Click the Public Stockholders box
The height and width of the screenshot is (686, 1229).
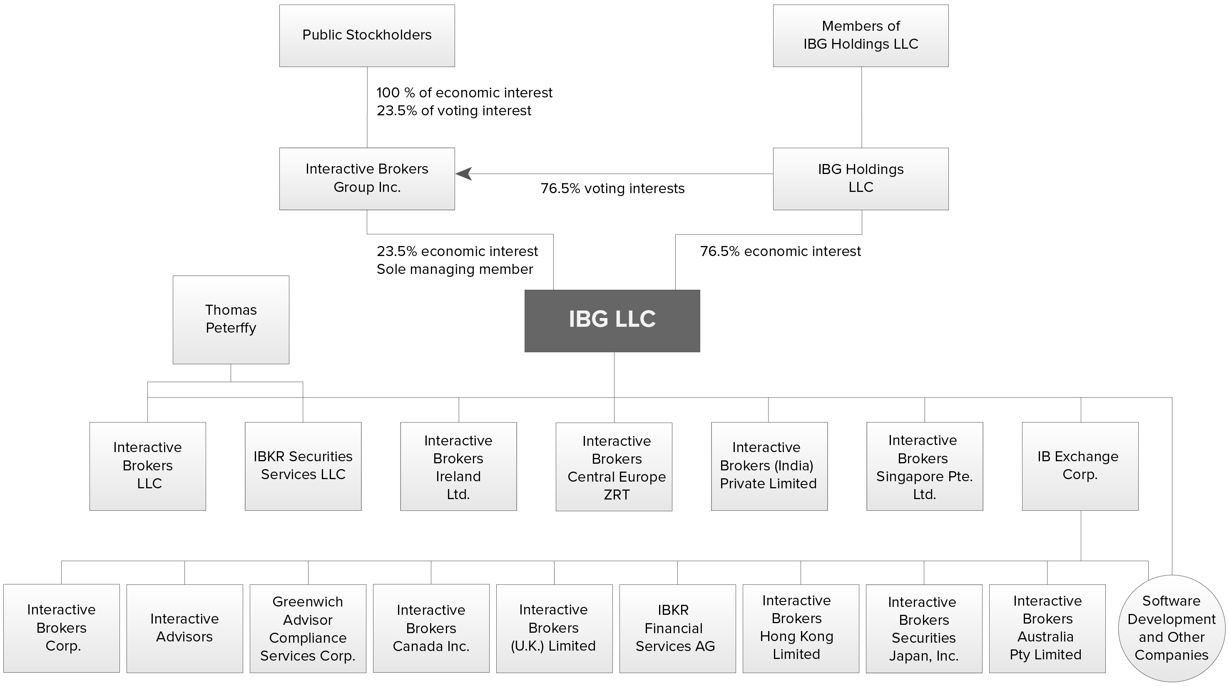click(367, 36)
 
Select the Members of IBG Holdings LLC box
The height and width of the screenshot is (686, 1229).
click(861, 36)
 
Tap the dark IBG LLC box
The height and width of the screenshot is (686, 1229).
click(612, 321)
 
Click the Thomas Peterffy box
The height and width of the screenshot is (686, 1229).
click(231, 320)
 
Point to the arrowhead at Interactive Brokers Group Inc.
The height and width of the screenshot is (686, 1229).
click(464, 174)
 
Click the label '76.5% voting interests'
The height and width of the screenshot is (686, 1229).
click(612, 189)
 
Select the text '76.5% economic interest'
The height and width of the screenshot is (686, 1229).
click(781, 251)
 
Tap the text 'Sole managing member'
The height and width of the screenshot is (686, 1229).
click(455, 270)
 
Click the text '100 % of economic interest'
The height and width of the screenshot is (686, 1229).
click(464, 92)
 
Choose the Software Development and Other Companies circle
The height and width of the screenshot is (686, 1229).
click(1172, 628)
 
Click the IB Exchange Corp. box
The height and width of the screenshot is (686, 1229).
click(1080, 466)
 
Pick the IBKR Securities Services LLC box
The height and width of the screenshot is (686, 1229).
click(303, 466)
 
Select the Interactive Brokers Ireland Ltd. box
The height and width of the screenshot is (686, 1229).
click(458, 467)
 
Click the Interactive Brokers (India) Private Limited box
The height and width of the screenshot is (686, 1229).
click(769, 466)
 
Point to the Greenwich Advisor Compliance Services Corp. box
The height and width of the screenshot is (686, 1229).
click(308, 628)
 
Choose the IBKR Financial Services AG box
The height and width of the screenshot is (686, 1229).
click(677, 628)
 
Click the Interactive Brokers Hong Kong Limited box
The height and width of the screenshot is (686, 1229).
click(801, 628)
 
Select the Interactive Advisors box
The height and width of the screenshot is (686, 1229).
click(184, 628)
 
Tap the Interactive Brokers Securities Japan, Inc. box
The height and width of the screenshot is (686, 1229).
click(924, 629)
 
